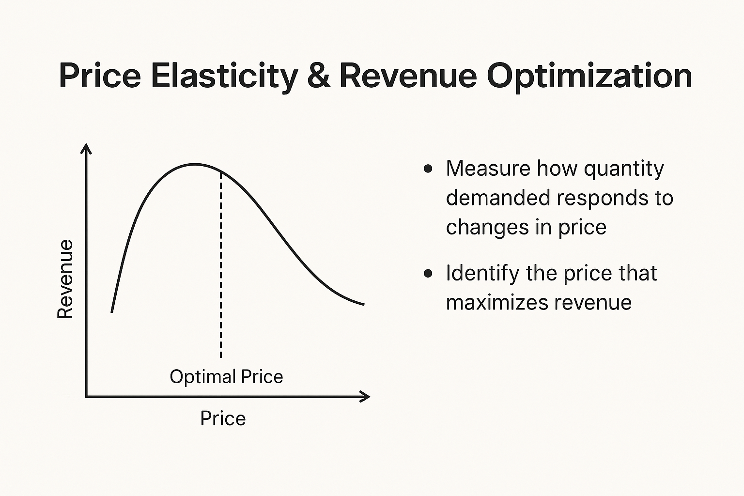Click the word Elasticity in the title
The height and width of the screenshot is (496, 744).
[x=224, y=77]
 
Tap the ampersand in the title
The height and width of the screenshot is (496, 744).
[x=319, y=76]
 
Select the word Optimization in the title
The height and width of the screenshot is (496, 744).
[x=589, y=77]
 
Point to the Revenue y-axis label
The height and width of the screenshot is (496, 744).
[x=65, y=279]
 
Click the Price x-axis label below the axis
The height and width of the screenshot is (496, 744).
[x=223, y=418]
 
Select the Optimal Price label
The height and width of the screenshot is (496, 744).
[x=226, y=377]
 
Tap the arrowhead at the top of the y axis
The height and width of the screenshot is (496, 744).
[x=86, y=148]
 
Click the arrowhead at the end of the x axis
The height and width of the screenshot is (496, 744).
[x=365, y=397]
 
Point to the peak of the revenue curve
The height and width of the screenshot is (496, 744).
[x=195, y=164]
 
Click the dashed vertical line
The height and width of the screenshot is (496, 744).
[x=221, y=264]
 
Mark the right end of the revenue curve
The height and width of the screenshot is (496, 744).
[x=364, y=304]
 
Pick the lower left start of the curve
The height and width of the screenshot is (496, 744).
[x=112, y=311]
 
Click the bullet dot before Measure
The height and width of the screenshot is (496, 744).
[x=428, y=169]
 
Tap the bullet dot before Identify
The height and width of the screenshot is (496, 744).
[x=428, y=273]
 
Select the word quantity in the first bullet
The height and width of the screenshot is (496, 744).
[x=624, y=169]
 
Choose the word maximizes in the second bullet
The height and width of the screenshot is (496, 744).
[x=497, y=303]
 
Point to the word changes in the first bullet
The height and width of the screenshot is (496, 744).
[x=487, y=228]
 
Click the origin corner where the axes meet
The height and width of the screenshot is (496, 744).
[x=86, y=397]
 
